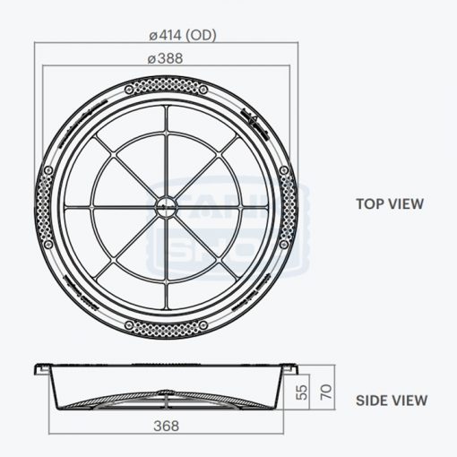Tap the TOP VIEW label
pos(390,203)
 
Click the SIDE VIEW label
pos(392,401)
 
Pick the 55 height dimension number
pos(301,392)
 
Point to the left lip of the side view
pos(39,367)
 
